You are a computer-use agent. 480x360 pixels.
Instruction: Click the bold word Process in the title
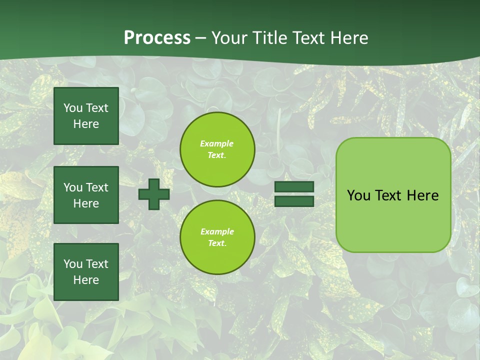click(157, 38)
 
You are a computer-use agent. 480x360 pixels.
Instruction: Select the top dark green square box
click(86, 116)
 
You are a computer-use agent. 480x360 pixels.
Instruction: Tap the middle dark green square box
click(86, 195)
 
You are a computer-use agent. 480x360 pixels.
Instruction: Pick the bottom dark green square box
click(86, 272)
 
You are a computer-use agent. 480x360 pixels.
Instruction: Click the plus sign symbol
click(154, 194)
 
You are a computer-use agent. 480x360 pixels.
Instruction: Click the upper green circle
click(217, 149)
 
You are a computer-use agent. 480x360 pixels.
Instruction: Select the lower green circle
click(217, 237)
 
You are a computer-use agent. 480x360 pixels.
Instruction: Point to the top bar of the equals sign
click(294, 187)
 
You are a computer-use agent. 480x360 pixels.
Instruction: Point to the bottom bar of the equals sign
click(294, 201)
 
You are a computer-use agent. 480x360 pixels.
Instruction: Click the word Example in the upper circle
click(217, 144)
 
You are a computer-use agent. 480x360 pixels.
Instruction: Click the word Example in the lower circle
click(217, 232)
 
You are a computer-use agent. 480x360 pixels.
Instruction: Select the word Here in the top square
click(86, 124)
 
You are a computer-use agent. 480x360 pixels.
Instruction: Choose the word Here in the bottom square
click(86, 280)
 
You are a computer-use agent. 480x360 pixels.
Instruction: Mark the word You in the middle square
click(72, 187)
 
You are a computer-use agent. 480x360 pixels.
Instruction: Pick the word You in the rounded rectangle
click(358, 195)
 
